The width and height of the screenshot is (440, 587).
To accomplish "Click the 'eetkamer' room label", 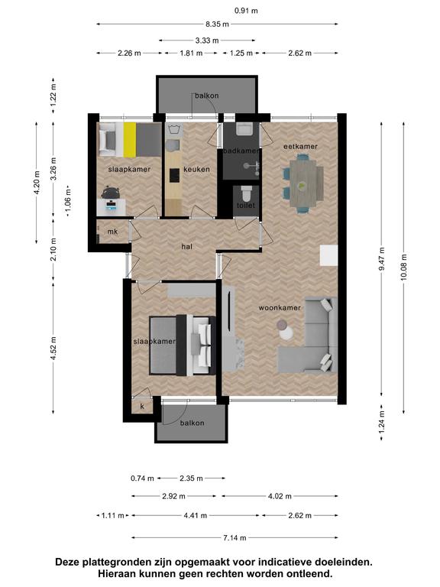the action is (x=300, y=147).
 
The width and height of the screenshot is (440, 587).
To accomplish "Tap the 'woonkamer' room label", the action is (x=280, y=308).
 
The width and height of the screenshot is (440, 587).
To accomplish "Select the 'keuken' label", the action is (x=196, y=170).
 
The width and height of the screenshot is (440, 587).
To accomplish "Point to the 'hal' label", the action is (x=186, y=247).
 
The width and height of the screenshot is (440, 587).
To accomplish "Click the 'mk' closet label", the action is (x=112, y=232).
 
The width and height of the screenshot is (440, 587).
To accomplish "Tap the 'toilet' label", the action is (x=246, y=205).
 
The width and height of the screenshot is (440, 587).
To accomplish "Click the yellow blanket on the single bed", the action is (x=130, y=140).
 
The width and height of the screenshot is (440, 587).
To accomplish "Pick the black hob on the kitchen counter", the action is (x=174, y=175).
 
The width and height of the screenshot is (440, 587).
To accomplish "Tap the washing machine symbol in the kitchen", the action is (x=173, y=130).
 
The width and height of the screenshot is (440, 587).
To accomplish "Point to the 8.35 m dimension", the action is (x=217, y=24).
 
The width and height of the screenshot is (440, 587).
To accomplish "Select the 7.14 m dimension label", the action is (x=235, y=538).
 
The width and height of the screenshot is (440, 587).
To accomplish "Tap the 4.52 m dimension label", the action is (x=53, y=349).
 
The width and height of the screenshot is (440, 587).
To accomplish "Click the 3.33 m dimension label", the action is (x=207, y=41).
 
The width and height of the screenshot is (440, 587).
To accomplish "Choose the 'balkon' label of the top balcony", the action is (x=206, y=96).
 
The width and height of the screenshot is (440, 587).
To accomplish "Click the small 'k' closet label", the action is (x=142, y=407).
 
